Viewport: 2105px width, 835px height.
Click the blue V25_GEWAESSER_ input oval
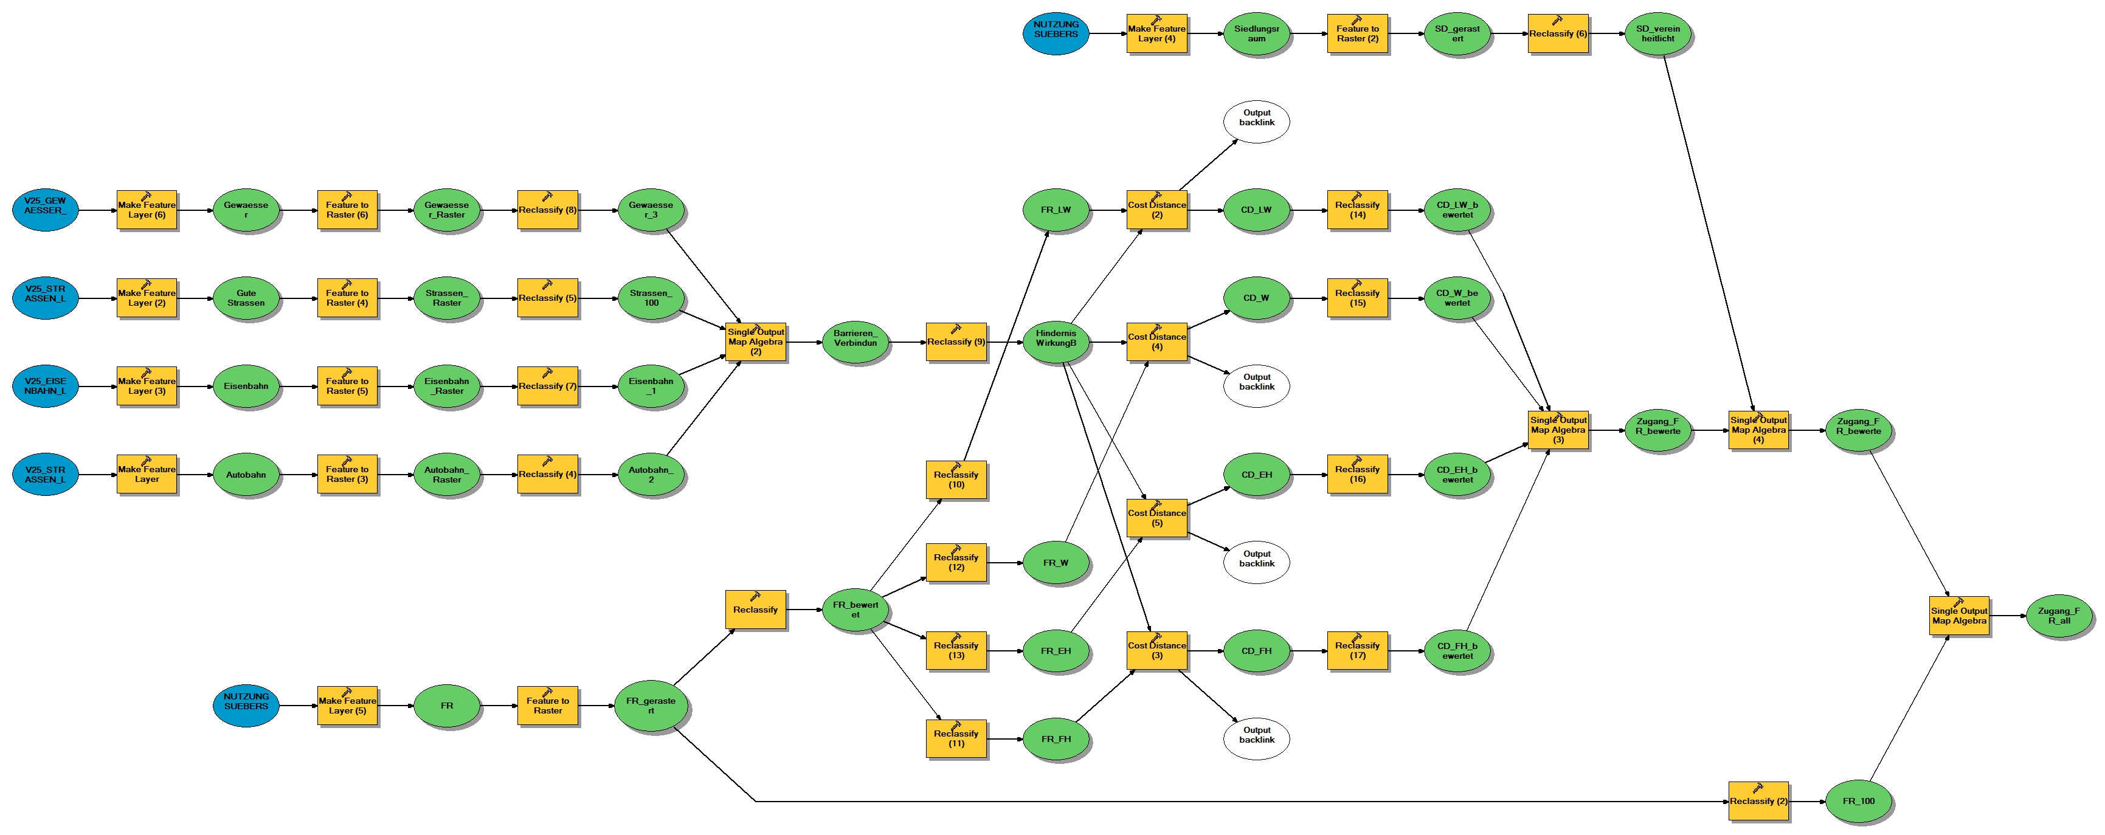point(45,210)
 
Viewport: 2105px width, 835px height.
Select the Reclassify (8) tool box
point(547,210)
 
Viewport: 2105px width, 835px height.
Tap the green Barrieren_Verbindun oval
point(855,342)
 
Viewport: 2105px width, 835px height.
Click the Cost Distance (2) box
point(1156,210)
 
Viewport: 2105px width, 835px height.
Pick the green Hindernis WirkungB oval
point(1056,342)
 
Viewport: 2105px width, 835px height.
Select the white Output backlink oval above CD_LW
point(1256,122)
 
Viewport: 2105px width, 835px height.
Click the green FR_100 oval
point(1858,802)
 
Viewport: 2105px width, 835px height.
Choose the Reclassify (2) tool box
point(1758,802)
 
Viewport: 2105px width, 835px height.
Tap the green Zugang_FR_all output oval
point(2058,616)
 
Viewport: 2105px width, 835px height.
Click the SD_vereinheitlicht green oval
point(1658,33)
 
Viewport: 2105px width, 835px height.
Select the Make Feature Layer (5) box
point(347,706)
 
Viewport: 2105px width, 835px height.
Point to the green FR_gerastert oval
point(651,706)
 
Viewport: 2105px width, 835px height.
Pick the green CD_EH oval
point(1256,475)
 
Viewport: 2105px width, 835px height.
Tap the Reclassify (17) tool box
point(1357,651)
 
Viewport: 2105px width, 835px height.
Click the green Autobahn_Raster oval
point(446,475)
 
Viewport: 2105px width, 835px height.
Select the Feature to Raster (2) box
point(1357,33)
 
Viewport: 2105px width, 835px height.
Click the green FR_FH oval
point(1056,740)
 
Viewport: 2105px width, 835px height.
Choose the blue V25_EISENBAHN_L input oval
point(45,387)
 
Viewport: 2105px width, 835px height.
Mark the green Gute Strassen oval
point(246,298)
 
